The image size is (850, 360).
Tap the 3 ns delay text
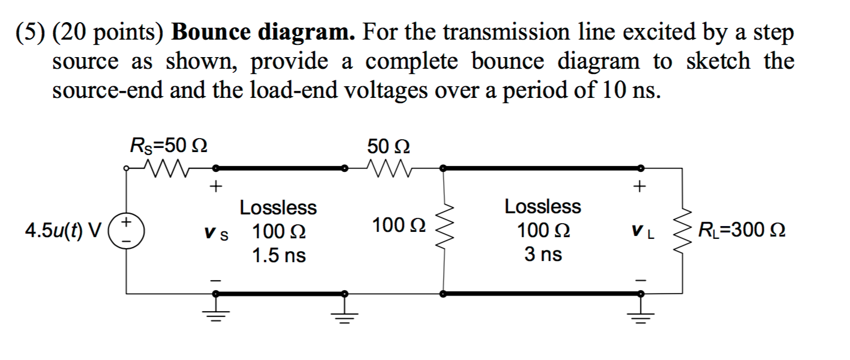(543, 255)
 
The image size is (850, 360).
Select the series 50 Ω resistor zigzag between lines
(394, 169)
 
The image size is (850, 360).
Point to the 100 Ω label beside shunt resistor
(399, 224)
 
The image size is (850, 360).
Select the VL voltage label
(641, 234)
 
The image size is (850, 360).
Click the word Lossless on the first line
(278, 207)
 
